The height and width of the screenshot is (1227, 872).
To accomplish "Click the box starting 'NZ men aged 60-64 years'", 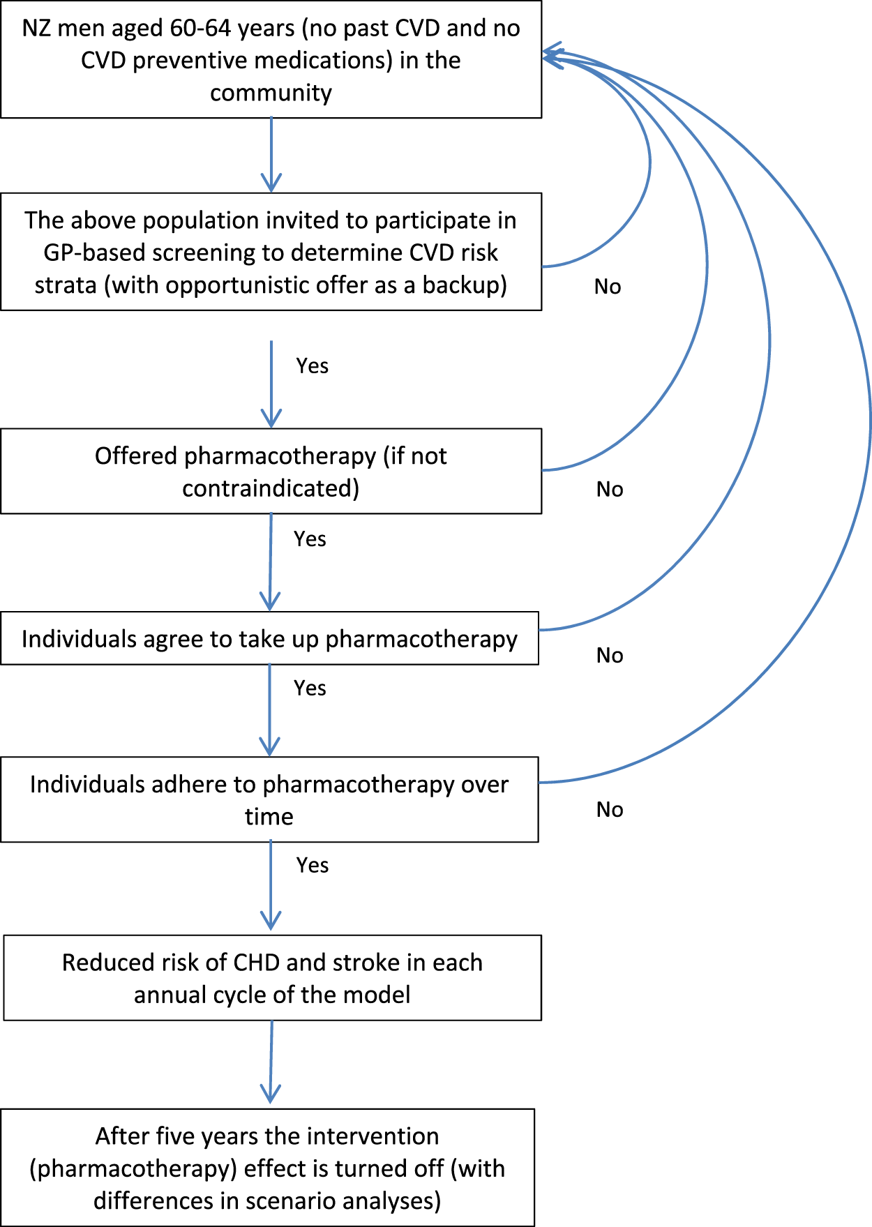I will click(271, 59).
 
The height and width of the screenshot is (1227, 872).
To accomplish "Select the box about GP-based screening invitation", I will click(271, 252).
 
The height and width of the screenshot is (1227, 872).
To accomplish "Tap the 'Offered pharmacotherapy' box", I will click(271, 472).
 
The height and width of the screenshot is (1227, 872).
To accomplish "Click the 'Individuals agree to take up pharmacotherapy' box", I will click(269, 638).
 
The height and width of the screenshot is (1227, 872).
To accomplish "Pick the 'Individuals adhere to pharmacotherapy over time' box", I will click(269, 799).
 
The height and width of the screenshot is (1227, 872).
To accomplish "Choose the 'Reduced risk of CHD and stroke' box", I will click(272, 978).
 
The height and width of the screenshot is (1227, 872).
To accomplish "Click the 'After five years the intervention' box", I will click(267, 1168).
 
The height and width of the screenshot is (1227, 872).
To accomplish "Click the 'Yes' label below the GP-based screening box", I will click(312, 366).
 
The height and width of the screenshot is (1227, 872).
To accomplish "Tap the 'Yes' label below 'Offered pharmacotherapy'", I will click(310, 539).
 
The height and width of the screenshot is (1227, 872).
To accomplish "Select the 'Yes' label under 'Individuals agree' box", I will click(310, 688).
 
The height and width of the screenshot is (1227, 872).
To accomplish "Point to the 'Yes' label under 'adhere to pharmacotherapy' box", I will click(312, 865).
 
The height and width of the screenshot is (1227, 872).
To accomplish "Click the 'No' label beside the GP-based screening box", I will click(607, 286).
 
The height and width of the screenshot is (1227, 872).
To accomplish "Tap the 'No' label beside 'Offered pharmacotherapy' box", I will click(609, 489).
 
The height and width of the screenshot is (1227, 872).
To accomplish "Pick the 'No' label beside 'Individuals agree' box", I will click(609, 655).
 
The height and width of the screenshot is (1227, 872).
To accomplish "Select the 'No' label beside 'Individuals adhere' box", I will click(609, 809).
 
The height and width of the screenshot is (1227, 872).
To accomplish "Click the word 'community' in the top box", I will click(271, 92).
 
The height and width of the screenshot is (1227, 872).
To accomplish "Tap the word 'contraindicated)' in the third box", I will click(271, 488).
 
